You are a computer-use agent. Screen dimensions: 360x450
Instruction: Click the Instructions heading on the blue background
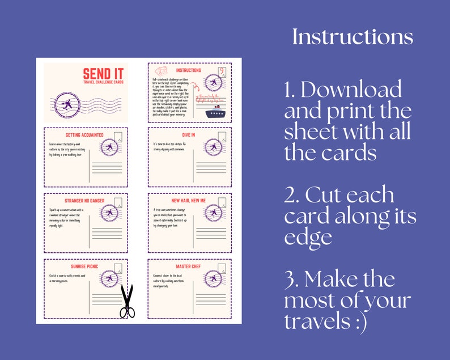click(353, 37)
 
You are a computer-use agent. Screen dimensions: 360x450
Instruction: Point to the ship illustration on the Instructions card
click(215, 112)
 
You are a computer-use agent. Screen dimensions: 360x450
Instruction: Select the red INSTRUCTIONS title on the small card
click(189, 70)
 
